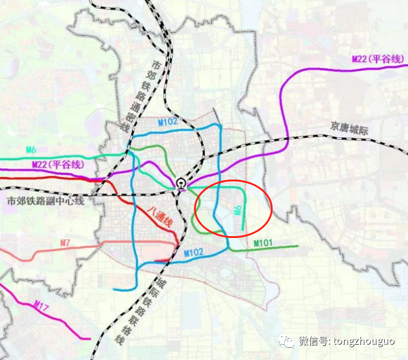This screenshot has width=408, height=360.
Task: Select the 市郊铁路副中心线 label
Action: point(46,200)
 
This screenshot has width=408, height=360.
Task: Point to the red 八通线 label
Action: point(160,215)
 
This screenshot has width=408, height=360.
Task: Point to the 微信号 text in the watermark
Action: point(313,341)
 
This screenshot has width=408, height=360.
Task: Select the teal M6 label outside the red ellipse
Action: point(32,149)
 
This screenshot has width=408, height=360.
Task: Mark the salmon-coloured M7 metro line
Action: point(37,253)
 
